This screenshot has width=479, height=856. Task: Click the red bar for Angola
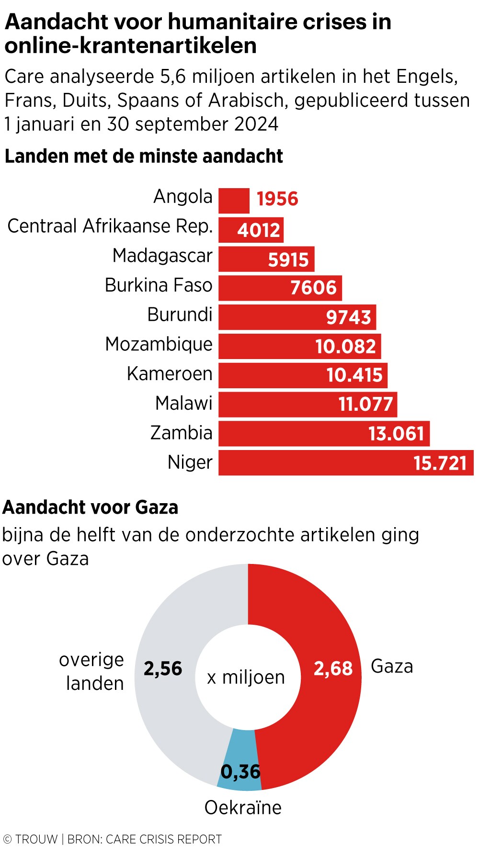click(234, 201)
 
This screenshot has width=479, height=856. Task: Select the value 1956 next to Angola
click(277, 199)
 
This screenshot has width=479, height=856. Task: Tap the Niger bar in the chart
click(316, 463)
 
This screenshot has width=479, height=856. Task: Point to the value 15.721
click(440, 463)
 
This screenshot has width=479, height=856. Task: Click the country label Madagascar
click(162, 256)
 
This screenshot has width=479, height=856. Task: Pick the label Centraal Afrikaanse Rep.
click(110, 226)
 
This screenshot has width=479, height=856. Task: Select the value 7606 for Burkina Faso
click(314, 288)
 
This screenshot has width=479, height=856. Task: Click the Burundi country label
click(180, 315)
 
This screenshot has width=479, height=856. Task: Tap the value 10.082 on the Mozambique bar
click(345, 347)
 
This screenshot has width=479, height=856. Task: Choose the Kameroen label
click(170, 374)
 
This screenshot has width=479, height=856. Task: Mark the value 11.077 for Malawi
click(366, 405)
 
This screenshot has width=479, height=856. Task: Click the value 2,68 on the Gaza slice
click(333, 669)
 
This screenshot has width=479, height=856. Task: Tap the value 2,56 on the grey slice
click(163, 669)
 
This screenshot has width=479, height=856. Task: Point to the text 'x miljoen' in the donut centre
click(246, 677)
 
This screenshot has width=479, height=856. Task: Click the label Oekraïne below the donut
click(243, 808)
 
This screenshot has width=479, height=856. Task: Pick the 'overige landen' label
click(92, 672)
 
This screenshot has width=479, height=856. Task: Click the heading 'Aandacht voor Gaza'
click(90, 507)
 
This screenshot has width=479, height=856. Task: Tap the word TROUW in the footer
click(36, 839)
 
